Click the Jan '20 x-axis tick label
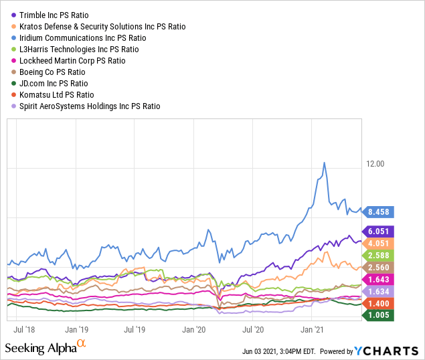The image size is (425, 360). [x=193, y=330]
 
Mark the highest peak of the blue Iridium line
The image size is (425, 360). [x=325, y=163]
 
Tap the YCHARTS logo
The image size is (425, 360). [x=386, y=351]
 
